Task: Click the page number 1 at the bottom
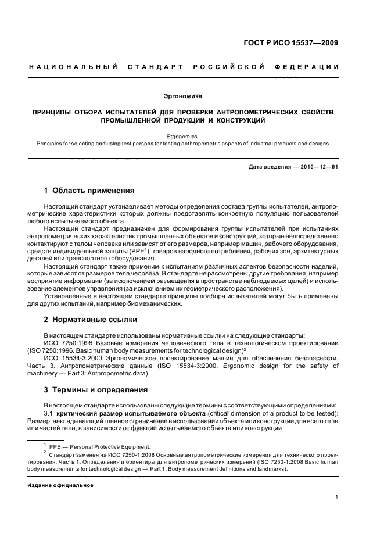(337, 496)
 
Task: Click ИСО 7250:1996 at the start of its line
(67, 343)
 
